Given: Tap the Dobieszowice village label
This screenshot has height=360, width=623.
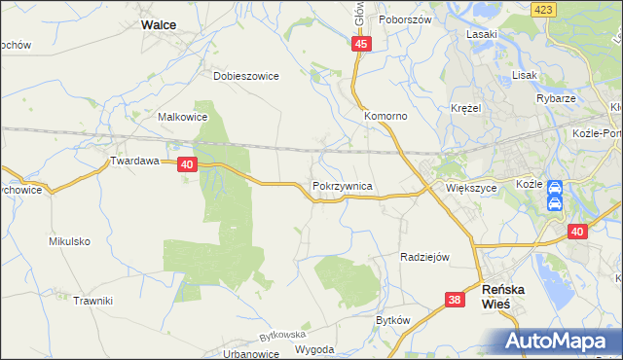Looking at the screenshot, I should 246,75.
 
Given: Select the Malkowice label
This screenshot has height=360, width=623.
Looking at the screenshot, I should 182,116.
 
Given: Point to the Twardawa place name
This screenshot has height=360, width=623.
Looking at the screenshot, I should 133,162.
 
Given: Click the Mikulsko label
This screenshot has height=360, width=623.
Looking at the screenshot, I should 69,240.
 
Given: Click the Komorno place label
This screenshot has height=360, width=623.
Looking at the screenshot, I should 385,116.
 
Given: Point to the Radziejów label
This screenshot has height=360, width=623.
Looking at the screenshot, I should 424,257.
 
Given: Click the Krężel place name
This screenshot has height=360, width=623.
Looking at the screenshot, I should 467,108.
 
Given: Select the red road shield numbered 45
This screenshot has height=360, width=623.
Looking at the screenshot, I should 361,45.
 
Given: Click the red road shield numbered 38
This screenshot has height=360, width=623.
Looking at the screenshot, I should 455,301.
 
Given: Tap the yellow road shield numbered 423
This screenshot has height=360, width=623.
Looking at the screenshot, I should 544,9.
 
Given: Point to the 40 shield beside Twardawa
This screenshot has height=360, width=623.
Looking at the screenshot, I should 189,166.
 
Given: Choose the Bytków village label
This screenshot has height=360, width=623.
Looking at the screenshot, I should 393,320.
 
